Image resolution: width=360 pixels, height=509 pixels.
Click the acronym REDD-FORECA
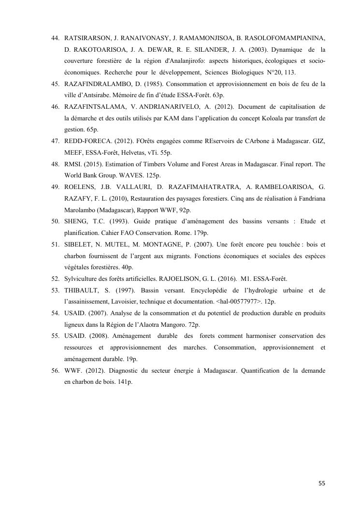coord(87,141)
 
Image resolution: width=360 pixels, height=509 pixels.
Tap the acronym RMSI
coord(72,164)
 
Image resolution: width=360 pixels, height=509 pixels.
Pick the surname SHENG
coord(76,221)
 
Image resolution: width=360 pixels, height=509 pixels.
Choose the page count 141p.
coord(125,382)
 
